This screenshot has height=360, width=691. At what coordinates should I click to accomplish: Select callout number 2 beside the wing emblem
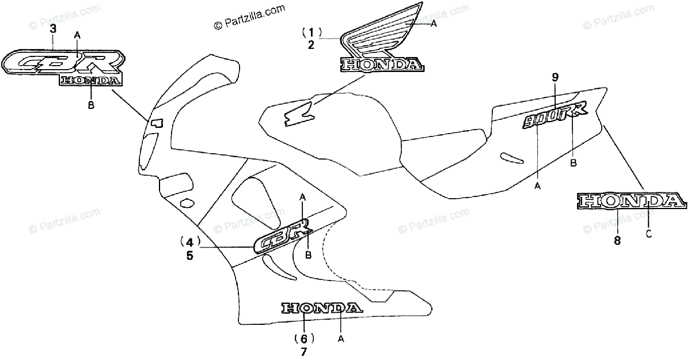pos(311,45)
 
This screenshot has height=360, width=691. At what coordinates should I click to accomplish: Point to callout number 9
pos(555,77)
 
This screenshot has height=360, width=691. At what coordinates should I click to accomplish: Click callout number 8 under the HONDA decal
pos(617,241)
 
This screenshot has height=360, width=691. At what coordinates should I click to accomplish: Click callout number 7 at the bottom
pos(304,352)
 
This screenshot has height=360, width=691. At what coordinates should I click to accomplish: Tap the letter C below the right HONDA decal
pos(649,233)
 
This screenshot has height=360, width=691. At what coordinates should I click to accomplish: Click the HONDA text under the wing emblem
pos(382,65)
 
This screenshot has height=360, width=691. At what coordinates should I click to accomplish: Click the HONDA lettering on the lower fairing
pos(322,308)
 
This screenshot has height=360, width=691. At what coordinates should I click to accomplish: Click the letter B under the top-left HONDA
pos(90,105)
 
